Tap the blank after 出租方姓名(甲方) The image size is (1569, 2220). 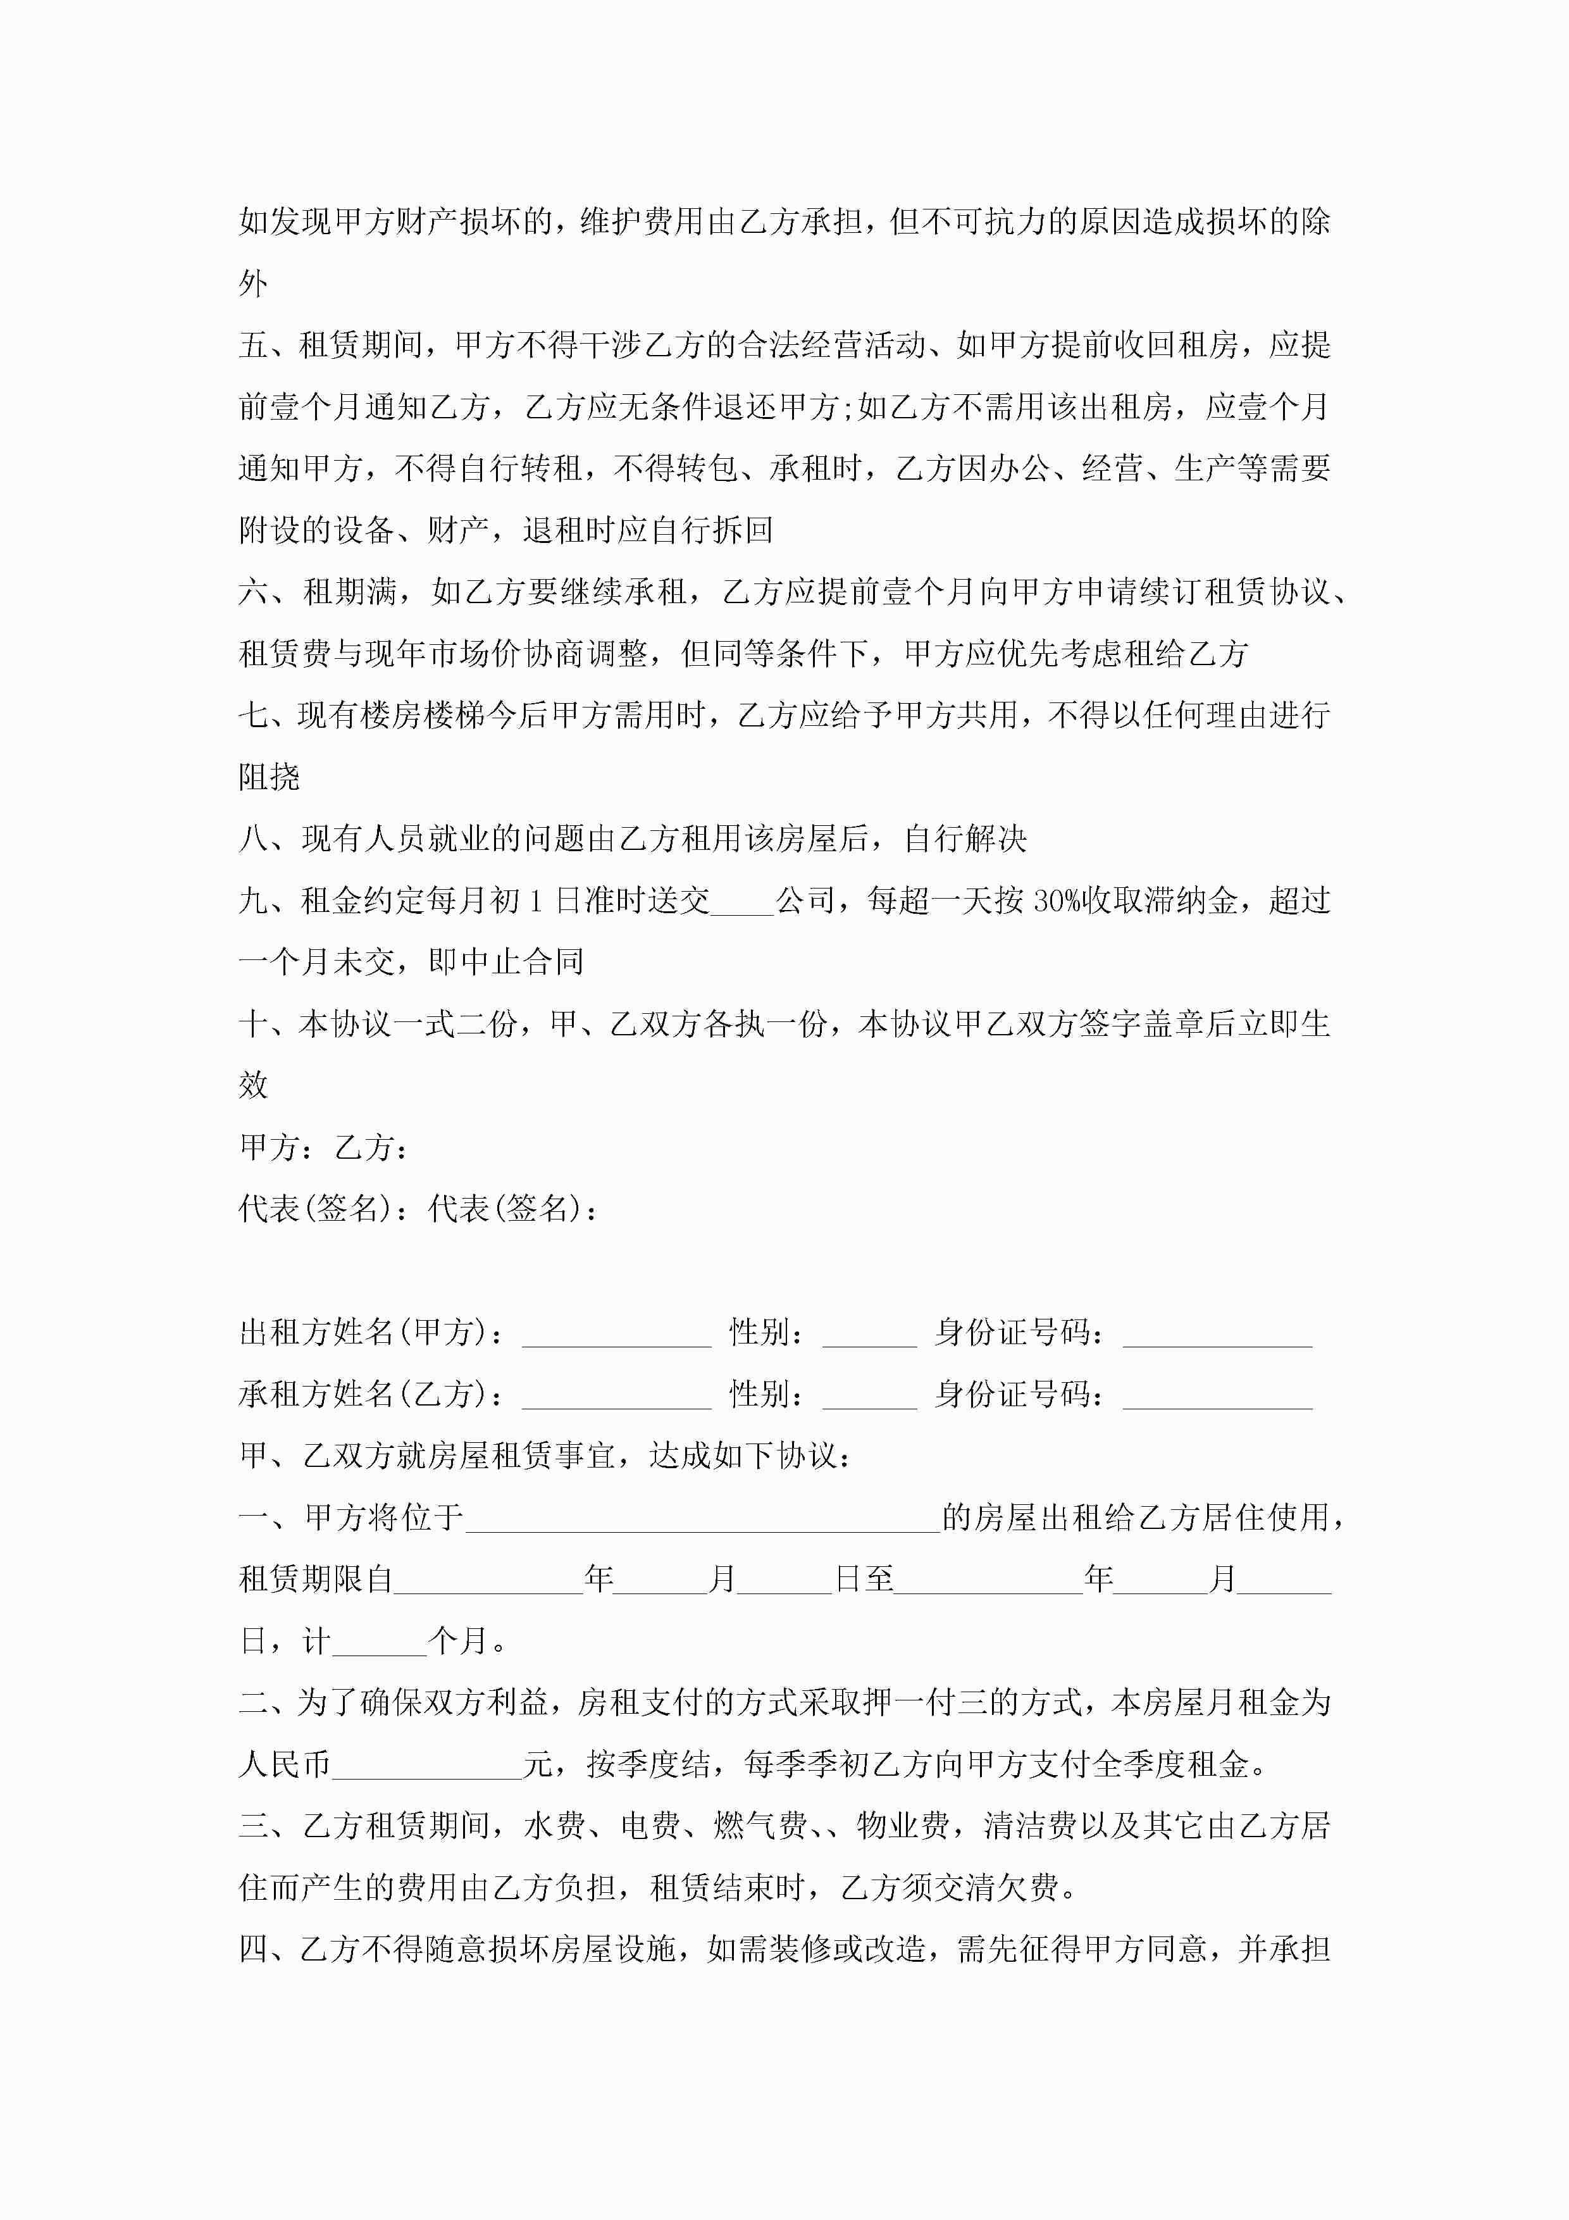(x=616, y=1334)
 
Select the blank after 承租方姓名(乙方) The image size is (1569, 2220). (x=616, y=1396)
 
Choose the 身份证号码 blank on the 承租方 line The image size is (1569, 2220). (x=1217, y=1396)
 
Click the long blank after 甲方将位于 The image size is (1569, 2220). (x=703, y=1519)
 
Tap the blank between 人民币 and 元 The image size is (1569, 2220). (x=426, y=1766)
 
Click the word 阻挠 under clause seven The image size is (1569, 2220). (x=270, y=777)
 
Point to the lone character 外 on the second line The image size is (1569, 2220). (x=253, y=284)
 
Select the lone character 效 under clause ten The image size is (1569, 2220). (x=253, y=1086)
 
